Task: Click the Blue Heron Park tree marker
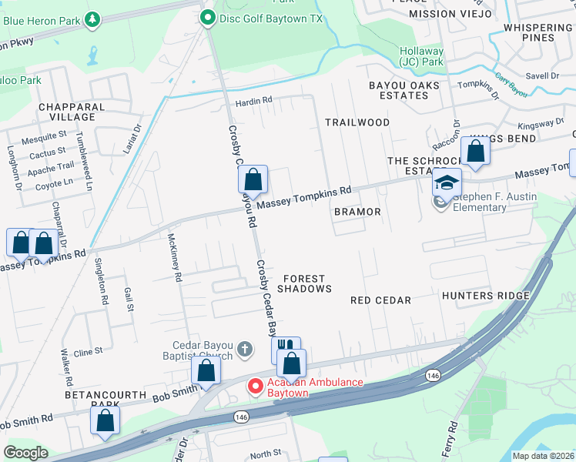click(92, 18)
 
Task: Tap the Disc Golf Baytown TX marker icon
click(207, 18)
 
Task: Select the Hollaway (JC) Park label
click(421, 56)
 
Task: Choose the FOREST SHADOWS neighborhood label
click(304, 283)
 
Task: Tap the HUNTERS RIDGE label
click(486, 296)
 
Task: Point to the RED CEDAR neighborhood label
click(380, 300)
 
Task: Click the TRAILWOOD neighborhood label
click(357, 122)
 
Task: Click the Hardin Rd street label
click(254, 101)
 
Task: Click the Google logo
click(25, 453)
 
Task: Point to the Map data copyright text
click(543, 456)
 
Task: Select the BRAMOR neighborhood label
click(357, 211)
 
